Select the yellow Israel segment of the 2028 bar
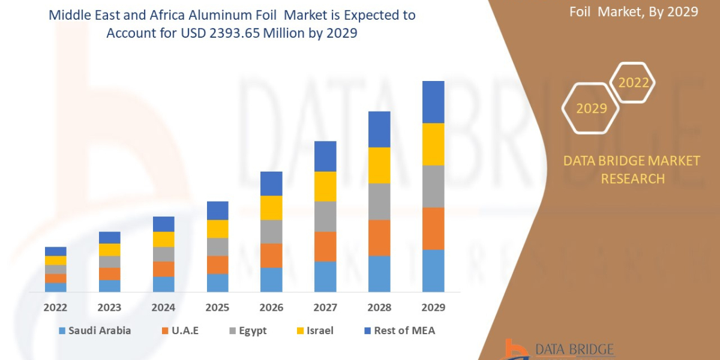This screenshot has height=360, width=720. coord(379,165)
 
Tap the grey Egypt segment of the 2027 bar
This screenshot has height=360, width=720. coord(325,216)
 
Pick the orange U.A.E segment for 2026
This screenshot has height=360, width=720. coord(271,255)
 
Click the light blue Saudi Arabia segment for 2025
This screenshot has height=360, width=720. coord(217,283)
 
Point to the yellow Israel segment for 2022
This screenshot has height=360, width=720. coord(56,260)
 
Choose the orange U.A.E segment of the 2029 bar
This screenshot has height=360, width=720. coord(433,228)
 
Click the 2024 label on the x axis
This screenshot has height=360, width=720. coord(163,308)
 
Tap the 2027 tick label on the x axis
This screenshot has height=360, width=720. coord(325,308)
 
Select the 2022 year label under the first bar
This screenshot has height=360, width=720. coord(56,308)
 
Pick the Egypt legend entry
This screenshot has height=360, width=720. coord(249,331)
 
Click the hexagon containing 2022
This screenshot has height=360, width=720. coord(632,83)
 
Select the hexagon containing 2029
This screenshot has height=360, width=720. coord(590,109)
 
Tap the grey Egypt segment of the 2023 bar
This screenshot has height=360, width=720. coord(110,262)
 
